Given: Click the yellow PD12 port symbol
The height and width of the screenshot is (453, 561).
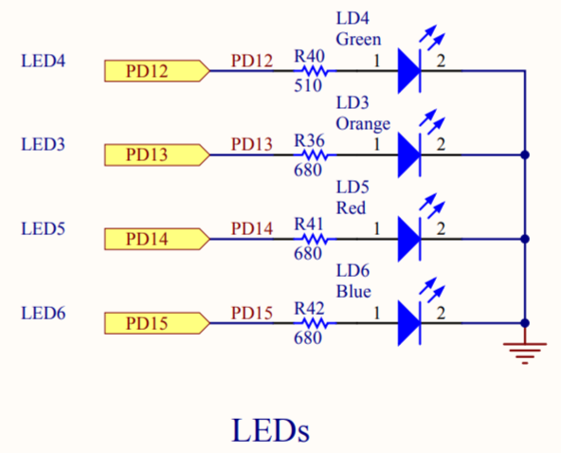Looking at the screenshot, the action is pyautogui.click(x=156, y=71).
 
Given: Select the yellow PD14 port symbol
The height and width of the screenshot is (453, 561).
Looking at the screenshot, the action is pyautogui.click(x=156, y=239).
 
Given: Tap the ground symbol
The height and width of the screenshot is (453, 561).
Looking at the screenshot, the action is pyautogui.click(x=525, y=353).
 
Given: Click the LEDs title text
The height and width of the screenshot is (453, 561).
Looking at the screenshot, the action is pyautogui.click(x=271, y=430).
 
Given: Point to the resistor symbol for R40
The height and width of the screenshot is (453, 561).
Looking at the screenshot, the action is pyautogui.click(x=315, y=71).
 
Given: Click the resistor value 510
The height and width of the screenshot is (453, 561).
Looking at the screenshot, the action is pyautogui.click(x=308, y=86).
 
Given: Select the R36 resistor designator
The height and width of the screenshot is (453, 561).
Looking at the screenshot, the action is pyautogui.click(x=309, y=140).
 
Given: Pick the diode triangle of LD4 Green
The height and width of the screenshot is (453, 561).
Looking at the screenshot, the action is pyautogui.click(x=409, y=71).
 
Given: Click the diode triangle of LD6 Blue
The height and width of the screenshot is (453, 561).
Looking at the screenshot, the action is pyautogui.click(x=409, y=323).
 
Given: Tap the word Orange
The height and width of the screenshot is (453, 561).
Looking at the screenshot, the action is pyautogui.click(x=363, y=124).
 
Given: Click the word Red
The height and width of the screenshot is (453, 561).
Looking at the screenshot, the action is pyautogui.click(x=351, y=208).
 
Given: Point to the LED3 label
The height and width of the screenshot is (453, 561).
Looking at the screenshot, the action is pyautogui.click(x=44, y=145).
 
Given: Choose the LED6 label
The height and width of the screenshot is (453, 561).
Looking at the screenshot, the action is pyautogui.click(x=44, y=313).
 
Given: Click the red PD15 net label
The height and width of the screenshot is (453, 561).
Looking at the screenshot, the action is pyautogui.click(x=252, y=313).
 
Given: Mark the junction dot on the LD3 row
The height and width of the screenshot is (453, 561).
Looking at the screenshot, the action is pyautogui.click(x=525, y=154).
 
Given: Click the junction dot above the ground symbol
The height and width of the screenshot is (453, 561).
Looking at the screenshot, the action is pyautogui.click(x=525, y=323).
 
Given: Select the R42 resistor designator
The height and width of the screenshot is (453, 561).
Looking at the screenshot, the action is pyautogui.click(x=309, y=308).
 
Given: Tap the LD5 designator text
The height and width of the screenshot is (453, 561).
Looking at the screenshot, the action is pyautogui.click(x=353, y=187).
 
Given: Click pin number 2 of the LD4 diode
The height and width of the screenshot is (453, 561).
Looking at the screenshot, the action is pyautogui.click(x=441, y=62).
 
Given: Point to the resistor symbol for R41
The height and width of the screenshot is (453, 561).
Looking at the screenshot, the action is pyautogui.click(x=315, y=239).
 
